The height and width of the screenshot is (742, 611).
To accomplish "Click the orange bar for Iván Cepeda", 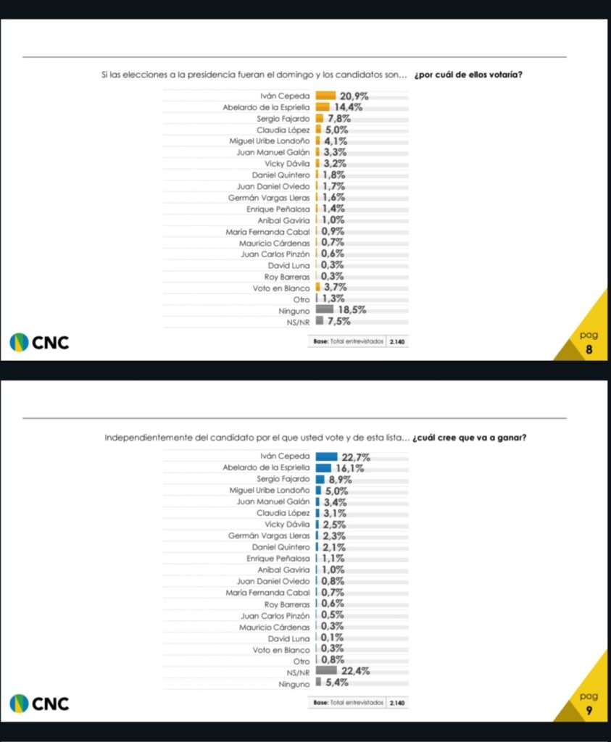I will tap(326, 95).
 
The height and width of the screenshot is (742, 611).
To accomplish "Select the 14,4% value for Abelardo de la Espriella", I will tap(348, 107).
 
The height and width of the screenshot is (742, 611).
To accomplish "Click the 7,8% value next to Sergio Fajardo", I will tap(340, 118).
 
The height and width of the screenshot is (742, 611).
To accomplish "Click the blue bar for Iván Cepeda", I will tap(327, 457).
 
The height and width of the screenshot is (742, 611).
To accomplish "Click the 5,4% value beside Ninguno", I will tap(337, 683).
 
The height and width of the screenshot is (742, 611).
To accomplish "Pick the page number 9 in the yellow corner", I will tap(589, 710).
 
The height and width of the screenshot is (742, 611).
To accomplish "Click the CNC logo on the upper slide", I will tap(41, 341).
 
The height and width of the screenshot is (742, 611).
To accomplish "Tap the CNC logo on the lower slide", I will tap(41, 703).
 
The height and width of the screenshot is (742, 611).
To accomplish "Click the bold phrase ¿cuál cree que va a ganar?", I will tap(470, 437).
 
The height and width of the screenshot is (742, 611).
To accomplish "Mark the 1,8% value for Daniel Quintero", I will tap(333, 175).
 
